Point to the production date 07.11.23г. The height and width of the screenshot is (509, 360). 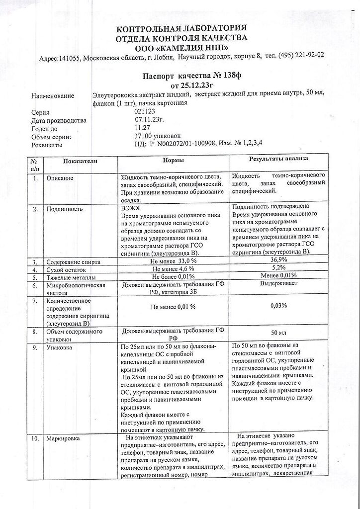[x=149, y=120]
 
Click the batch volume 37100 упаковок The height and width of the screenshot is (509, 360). [x=154, y=136]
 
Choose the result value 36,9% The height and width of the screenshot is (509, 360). [x=278, y=260]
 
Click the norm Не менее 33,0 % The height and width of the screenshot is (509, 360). [x=173, y=261]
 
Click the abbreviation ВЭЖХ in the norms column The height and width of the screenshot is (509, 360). [x=131, y=209]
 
